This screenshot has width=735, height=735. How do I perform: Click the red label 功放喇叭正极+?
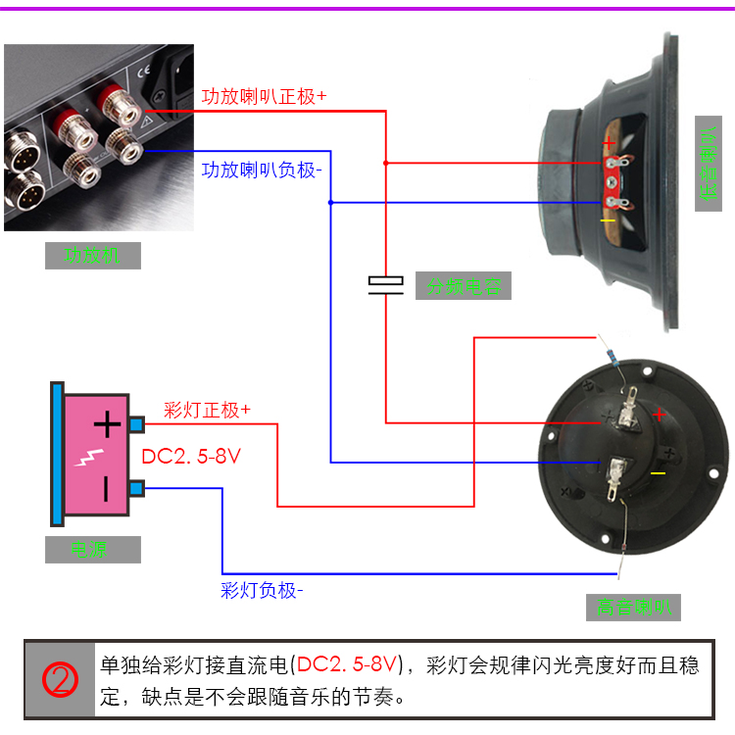[264, 97]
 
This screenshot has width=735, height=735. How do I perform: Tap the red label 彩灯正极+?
[207, 411]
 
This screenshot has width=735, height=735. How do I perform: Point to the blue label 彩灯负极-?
[262, 590]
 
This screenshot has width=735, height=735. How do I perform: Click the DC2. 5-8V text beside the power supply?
[191, 457]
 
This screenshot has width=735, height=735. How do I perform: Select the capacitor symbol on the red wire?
[385, 284]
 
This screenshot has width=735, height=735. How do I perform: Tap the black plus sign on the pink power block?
[107, 424]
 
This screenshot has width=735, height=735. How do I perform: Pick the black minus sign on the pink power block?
[107, 487]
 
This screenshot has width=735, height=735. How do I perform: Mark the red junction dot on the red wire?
[385, 162]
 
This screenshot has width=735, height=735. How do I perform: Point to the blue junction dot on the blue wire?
[330, 203]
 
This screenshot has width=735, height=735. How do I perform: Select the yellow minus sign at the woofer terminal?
[608, 220]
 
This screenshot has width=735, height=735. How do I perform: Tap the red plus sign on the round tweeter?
[659, 415]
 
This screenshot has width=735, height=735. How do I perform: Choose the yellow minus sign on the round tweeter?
[658, 473]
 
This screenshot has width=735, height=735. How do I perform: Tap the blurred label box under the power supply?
[92, 550]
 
